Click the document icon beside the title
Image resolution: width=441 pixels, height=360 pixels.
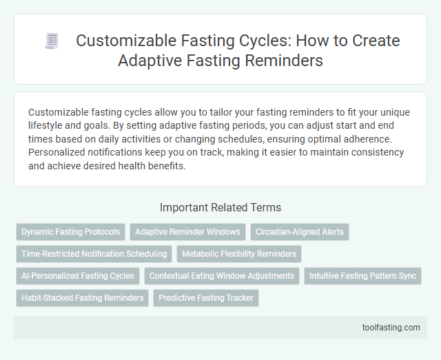52,41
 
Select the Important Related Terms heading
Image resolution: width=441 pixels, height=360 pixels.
220,207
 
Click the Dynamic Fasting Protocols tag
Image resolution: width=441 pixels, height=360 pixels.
71,232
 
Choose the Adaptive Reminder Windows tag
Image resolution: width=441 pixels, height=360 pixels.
187,232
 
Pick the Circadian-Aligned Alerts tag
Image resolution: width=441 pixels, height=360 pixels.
300,232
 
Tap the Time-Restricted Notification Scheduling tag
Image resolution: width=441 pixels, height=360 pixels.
94,254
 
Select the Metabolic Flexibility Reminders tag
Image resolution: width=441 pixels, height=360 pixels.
239,254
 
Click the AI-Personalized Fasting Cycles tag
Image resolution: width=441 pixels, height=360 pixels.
78,276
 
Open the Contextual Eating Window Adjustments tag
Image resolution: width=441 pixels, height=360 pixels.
222,276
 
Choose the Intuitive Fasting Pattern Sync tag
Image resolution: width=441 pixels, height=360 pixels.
363,276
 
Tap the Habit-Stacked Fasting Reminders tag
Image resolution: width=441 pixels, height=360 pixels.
82,298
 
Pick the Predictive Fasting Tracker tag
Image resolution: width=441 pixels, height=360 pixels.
206,298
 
